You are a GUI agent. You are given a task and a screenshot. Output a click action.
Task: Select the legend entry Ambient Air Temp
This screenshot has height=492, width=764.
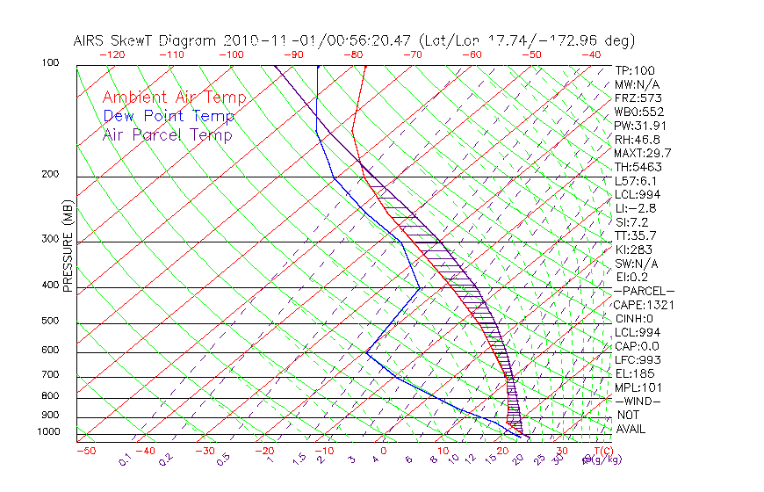[x=174, y=98]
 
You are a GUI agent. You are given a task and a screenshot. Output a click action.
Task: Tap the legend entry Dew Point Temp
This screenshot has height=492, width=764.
[x=168, y=116]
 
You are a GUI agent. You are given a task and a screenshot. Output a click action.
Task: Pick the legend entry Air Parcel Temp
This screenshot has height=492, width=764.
[x=167, y=134]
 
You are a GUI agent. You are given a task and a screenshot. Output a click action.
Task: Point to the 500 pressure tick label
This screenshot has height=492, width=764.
[x=50, y=322]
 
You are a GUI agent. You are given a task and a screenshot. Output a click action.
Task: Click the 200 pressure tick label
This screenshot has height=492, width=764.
[x=50, y=175]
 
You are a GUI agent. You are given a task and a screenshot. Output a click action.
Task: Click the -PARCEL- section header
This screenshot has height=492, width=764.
[x=645, y=291]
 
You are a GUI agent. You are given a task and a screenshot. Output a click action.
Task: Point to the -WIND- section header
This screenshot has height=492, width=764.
[x=638, y=401]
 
